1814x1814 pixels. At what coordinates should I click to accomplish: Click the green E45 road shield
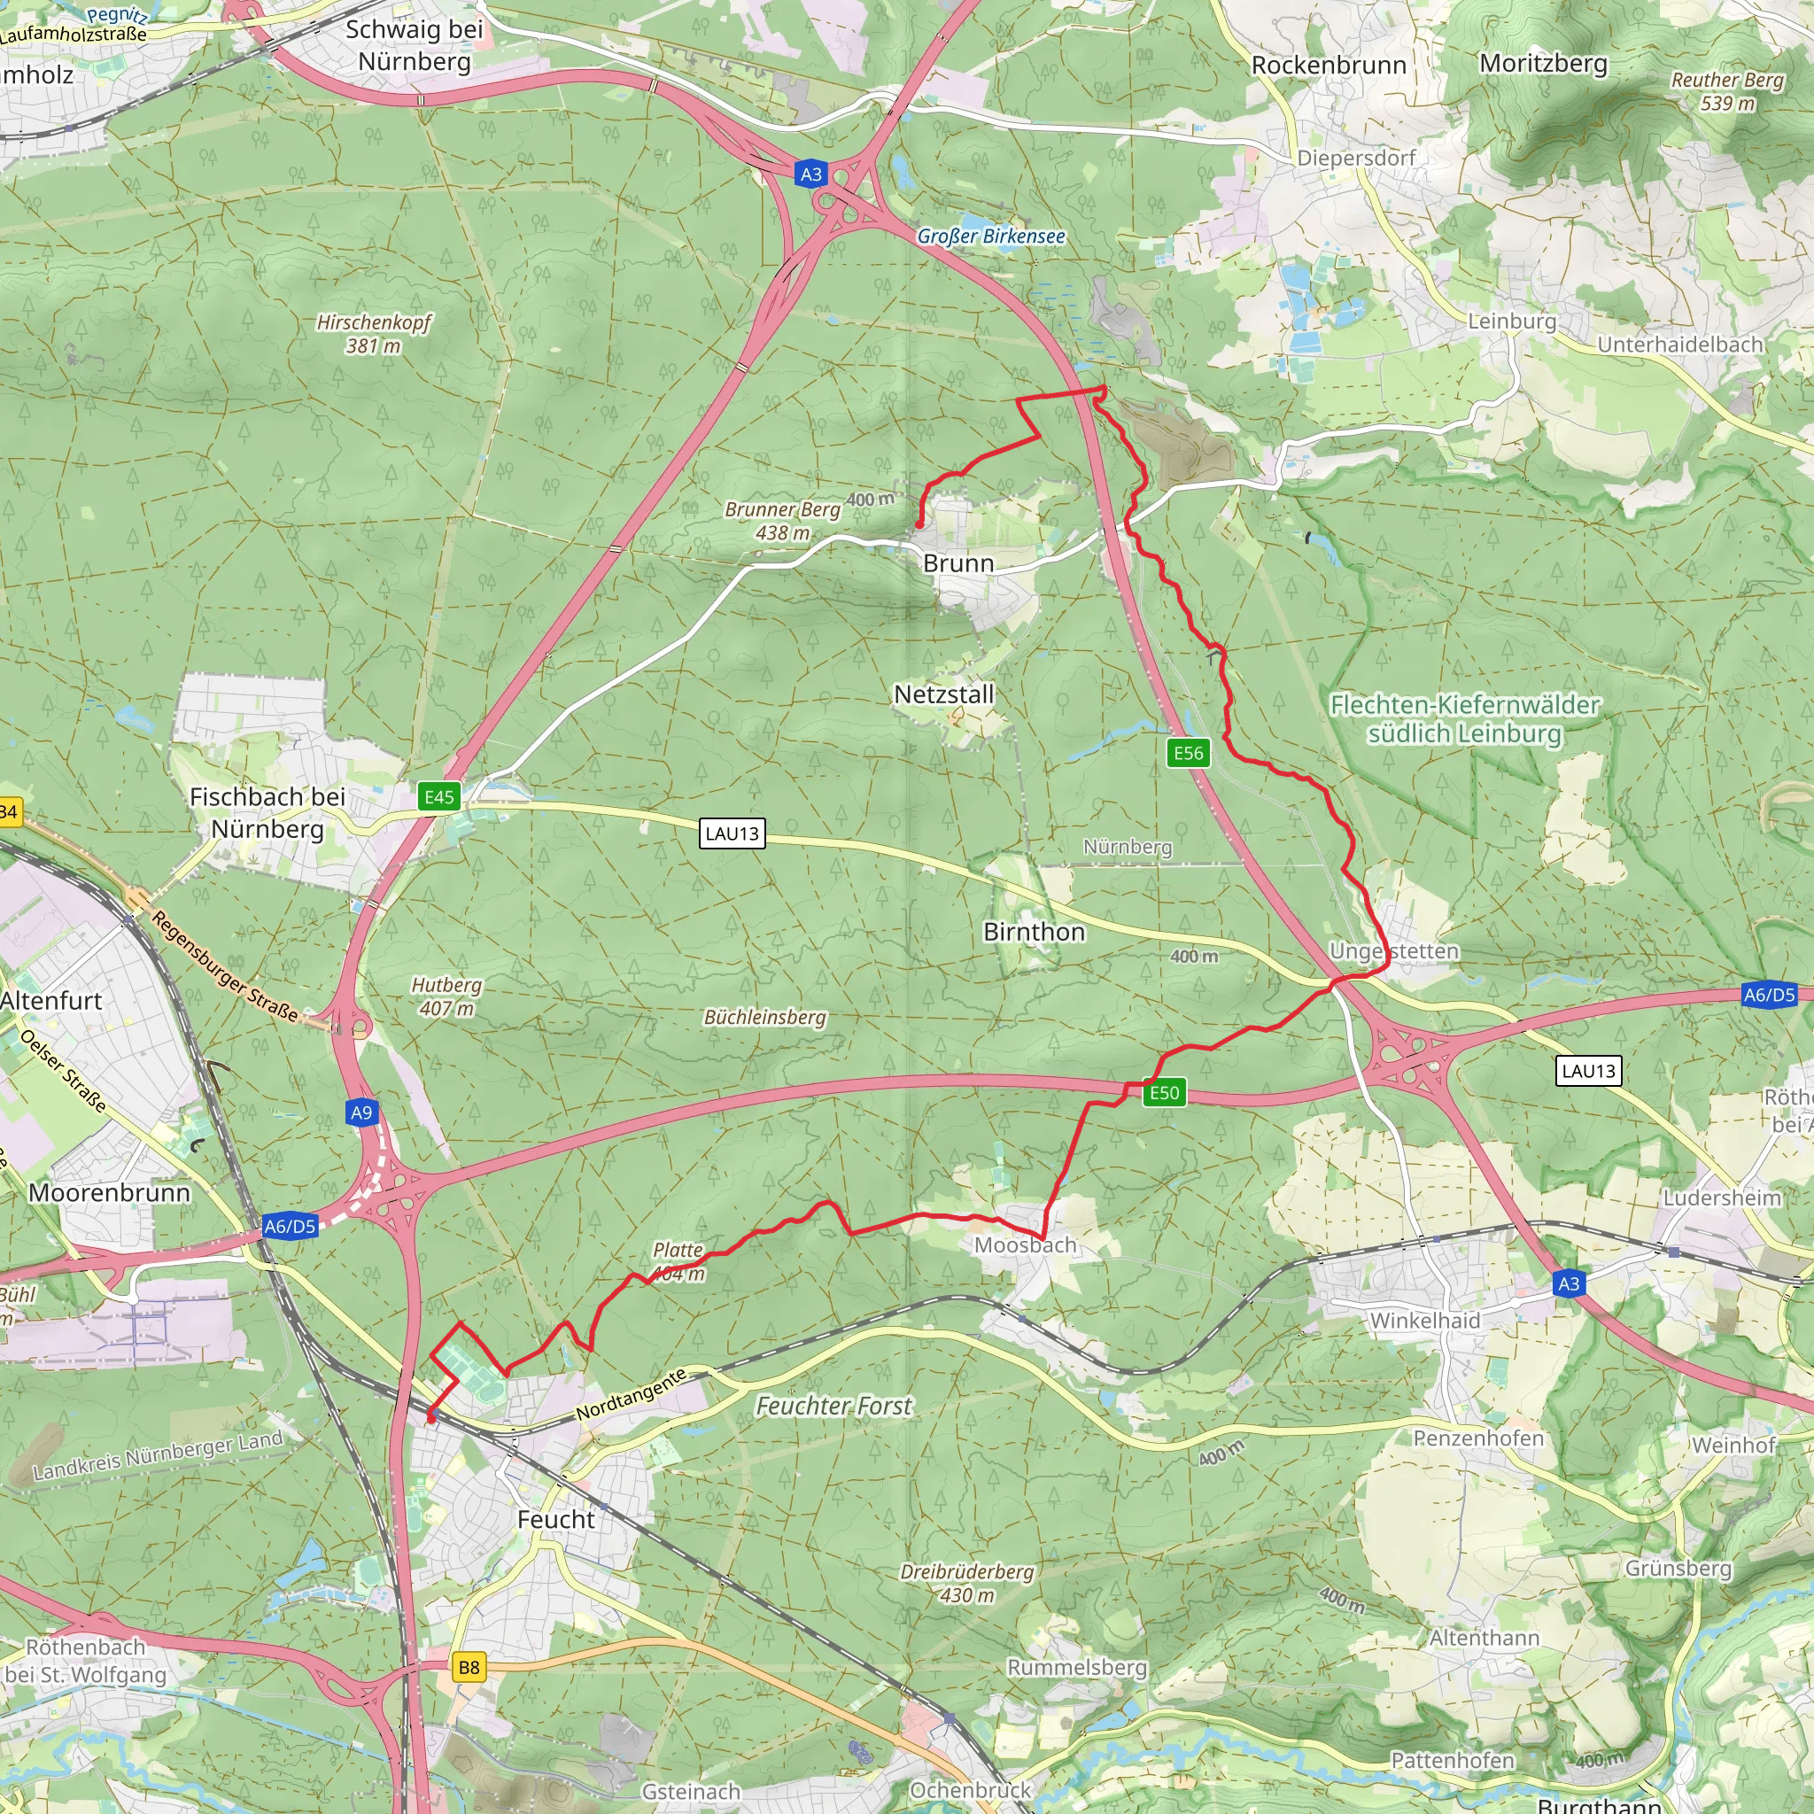pyautogui.click(x=438, y=797)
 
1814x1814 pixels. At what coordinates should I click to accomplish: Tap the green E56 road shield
pyautogui.click(x=1188, y=753)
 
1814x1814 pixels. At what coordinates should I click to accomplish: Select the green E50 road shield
pyautogui.click(x=1163, y=1093)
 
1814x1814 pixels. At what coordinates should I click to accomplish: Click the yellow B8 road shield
pyautogui.click(x=469, y=1668)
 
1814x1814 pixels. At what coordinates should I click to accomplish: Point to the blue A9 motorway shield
pyautogui.click(x=361, y=1112)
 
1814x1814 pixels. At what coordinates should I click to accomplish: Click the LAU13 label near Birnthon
pyautogui.click(x=732, y=833)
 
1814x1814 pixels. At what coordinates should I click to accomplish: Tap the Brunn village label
pyautogui.click(x=957, y=563)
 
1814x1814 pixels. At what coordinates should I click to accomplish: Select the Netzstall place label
pyautogui.click(x=942, y=694)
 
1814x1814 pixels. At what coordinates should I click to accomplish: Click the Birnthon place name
pyautogui.click(x=1034, y=933)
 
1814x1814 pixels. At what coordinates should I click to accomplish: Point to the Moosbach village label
pyautogui.click(x=1025, y=1245)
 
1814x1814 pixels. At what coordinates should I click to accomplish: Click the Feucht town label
pyautogui.click(x=556, y=1519)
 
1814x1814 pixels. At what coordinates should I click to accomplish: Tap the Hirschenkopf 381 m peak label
pyautogui.click(x=374, y=333)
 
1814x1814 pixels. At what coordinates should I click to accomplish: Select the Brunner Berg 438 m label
pyautogui.click(x=782, y=520)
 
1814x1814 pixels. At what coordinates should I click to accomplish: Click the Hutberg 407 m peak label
pyautogui.click(x=446, y=996)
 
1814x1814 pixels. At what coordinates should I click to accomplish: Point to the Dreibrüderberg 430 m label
pyautogui.click(x=967, y=1583)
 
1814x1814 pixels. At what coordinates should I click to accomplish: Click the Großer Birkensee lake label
pyautogui.click(x=990, y=236)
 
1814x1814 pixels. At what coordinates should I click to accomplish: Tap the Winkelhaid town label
pyautogui.click(x=1424, y=1321)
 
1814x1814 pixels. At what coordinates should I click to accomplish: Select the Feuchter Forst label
pyautogui.click(x=833, y=1406)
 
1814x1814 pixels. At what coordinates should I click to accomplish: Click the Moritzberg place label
pyautogui.click(x=1544, y=64)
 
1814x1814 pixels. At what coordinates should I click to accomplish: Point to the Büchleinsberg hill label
pyautogui.click(x=764, y=1017)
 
